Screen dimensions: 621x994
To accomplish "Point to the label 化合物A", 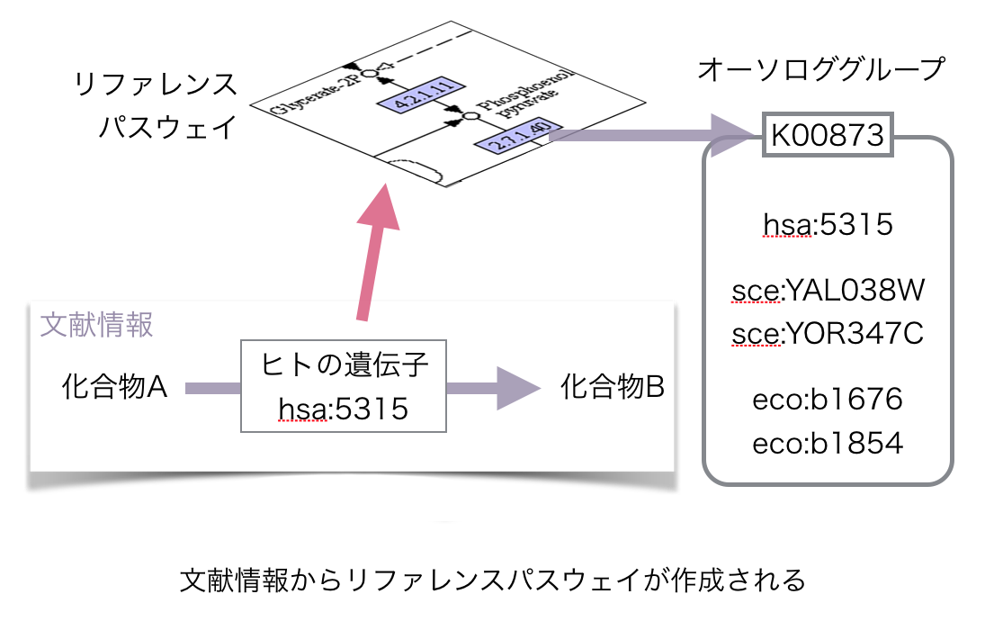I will [x=115, y=388].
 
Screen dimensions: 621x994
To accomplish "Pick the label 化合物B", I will [x=612, y=388].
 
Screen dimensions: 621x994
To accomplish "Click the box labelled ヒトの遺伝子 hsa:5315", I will [x=345, y=389].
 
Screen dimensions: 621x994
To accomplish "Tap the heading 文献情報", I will [x=97, y=325].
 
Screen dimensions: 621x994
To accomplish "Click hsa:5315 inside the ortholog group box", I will [x=827, y=223].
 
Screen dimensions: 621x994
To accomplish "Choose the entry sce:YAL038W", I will [x=828, y=292].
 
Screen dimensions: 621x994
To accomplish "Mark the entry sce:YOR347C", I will [x=828, y=334].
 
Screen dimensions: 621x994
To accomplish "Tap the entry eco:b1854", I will [x=827, y=443].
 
